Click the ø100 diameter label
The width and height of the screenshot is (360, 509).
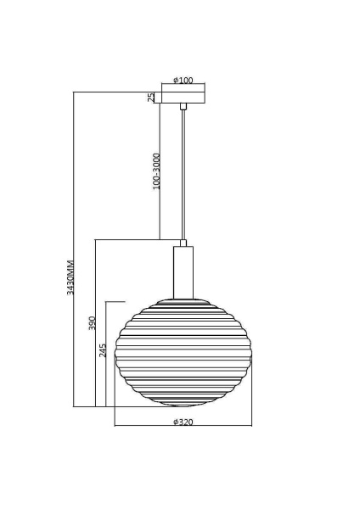pyautogui.click(x=183, y=81)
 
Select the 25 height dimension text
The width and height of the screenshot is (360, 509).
pyautogui.click(x=151, y=98)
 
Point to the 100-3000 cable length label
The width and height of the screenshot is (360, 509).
pyautogui.click(x=156, y=171)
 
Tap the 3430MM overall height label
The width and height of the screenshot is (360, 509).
pyautogui.click(x=70, y=277)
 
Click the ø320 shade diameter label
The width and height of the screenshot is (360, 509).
pyautogui.click(x=183, y=422)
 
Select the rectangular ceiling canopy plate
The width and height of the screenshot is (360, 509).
pyautogui.click(x=183, y=97)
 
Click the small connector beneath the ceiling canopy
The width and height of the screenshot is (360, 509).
pyautogui.click(x=183, y=106)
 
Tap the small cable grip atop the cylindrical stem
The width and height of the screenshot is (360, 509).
pyautogui.click(x=183, y=243)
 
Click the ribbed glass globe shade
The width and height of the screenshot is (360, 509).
pyautogui.click(x=183, y=356)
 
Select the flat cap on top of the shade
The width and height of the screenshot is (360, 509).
pyautogui.click(x=183, y=300)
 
